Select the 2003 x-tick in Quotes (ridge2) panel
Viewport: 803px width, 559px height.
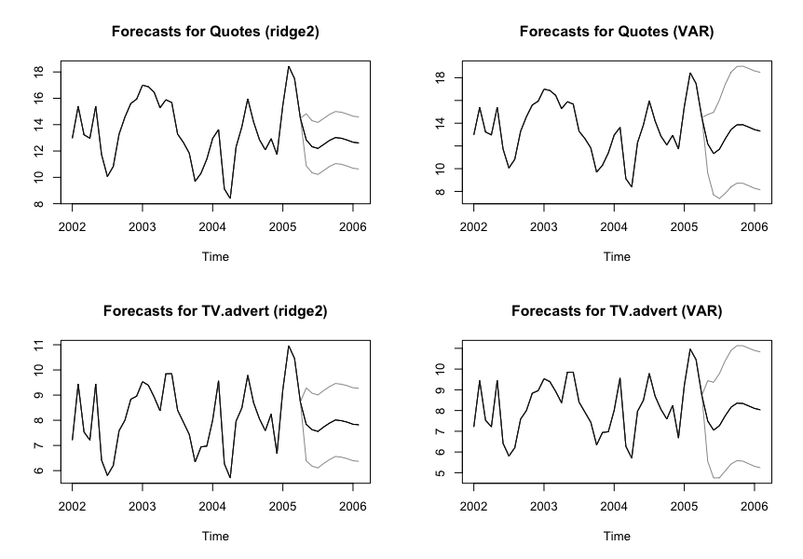click(143, 226)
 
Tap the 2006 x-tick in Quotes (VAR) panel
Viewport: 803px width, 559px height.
click(751, 226)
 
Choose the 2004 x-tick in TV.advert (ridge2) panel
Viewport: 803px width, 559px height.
click(212, 505)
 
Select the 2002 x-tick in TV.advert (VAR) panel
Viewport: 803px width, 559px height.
click(474, 505)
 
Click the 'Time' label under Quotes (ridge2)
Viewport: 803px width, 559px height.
click(215, 256)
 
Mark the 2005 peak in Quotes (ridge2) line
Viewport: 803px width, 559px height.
click(289, 66)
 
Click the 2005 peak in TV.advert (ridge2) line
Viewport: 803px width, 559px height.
click(289, 346)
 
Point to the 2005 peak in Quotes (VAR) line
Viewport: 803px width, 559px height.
click(690, 73)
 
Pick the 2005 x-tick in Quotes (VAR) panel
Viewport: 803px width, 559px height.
click(684, 226)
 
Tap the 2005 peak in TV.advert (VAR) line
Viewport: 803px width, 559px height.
click(690, 349)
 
